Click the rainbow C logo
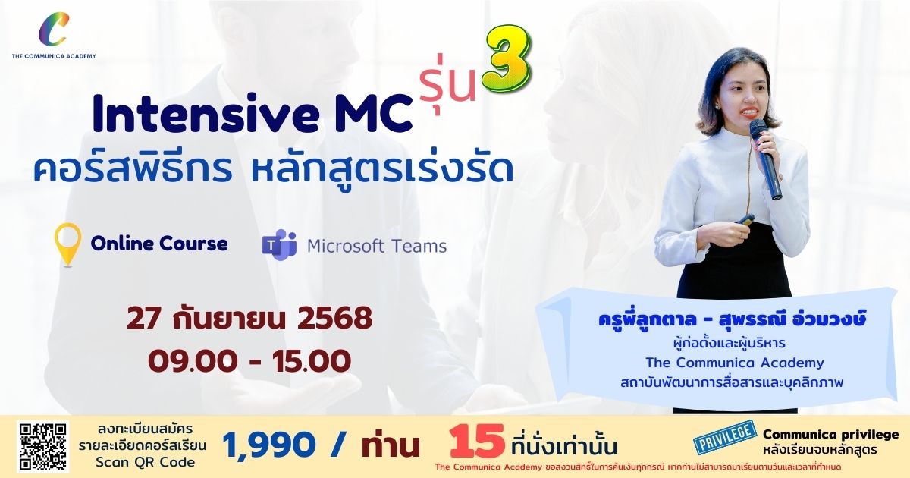coord(53,30)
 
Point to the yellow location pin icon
coord(67,244)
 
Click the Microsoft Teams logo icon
coord(280,244)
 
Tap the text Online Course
coord(158,244)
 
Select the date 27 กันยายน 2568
coord(249,318)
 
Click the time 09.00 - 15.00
coord(249,361)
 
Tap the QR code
coord(42,446)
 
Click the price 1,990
coord(268,445)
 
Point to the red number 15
coord(477,442)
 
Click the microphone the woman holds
coord(765,159)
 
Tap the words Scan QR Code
coord(145,462)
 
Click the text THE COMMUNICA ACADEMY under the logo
coord(54,56)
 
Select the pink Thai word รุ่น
coord(448,85)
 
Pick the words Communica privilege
coord(831,435)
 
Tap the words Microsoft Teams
coord(377,247)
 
